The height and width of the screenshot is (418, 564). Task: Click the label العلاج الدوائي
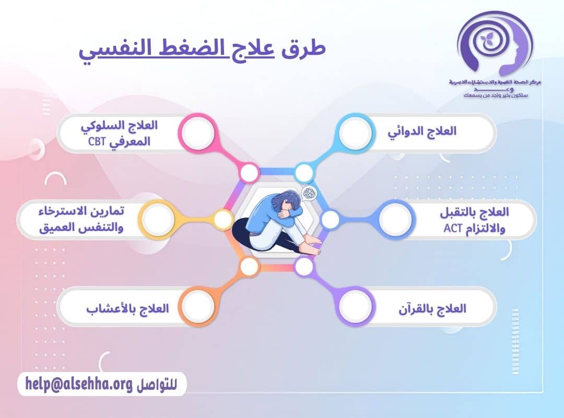[422, 131]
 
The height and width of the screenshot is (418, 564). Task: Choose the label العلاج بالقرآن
[431, 308]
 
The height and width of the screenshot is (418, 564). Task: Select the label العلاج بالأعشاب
[127, 308]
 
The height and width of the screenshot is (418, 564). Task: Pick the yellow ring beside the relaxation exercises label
[157, 219]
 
